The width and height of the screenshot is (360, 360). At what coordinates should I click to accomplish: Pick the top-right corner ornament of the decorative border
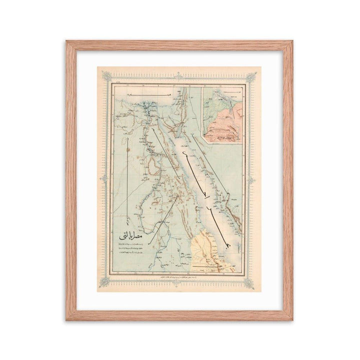tap(251, 76)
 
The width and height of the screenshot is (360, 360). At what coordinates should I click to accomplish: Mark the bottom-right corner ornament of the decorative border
tap(250, 283)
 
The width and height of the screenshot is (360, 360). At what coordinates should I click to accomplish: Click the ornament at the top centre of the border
tap(178, 76)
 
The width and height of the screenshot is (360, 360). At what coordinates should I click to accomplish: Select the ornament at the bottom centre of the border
tap(178, 283)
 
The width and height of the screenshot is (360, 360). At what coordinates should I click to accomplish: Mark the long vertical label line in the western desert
tap(128, 180)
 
